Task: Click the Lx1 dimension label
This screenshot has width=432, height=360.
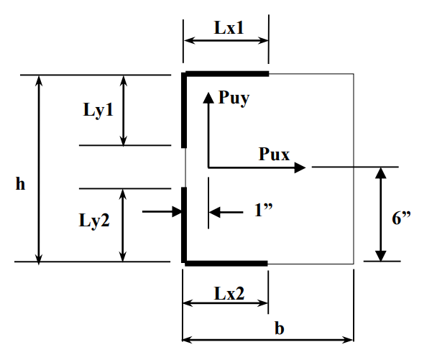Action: coord(229,28)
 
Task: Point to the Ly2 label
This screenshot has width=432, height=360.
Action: coord(94,220)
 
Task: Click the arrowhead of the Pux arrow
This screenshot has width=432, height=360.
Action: coord(300,167)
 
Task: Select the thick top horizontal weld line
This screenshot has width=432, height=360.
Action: coord(226,73)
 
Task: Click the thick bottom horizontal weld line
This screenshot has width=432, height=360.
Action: coord(226,263)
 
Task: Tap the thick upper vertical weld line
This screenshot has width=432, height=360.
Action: coord(184,108)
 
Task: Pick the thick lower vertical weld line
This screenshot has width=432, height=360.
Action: coord(184,224)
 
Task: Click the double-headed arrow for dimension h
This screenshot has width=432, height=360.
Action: coord(40,169)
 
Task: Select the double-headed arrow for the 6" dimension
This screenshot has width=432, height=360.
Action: coord(380,214)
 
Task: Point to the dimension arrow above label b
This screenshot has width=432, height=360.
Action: coord(268,338)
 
